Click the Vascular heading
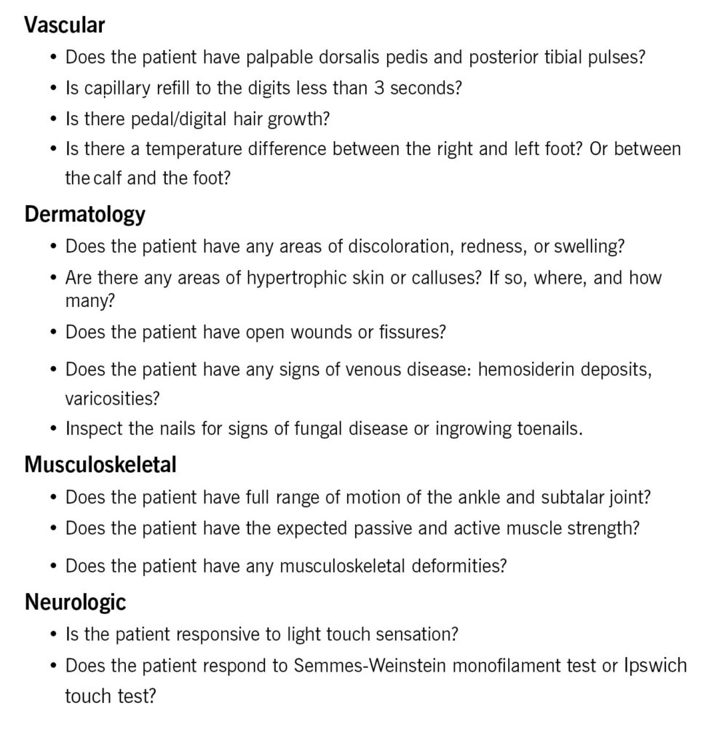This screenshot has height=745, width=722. tap(65, 25)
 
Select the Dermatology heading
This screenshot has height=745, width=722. tap(84, 214)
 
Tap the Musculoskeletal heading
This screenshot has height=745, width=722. tap(100, 464)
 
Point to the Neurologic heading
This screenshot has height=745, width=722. tap(75, 602)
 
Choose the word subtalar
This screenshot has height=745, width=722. tap(574, 498)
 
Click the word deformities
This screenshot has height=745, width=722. tap(449, 565)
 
